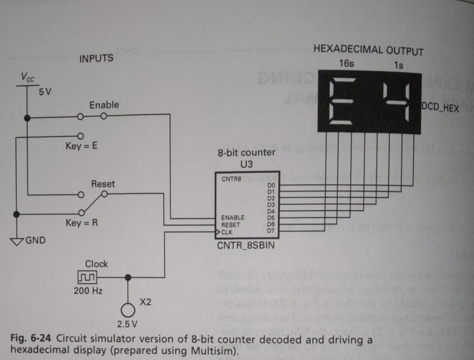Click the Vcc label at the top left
click(28, 77)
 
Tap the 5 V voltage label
click(45, 91)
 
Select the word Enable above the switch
click(104, 105)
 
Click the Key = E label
click(81, 146)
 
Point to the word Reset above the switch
click(103, 184)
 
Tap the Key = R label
click(82, 223)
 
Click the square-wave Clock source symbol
click(87, 277)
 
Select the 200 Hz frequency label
click(88, 291)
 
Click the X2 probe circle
click(128, 310)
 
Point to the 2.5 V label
click(127, 324)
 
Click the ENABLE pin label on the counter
click(233, 218)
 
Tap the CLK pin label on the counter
click(227, 232)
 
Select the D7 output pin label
click(271, 231)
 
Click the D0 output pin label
click(271, 185)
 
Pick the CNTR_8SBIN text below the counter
click(246, 246)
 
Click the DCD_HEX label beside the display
click(440, 107)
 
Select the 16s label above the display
click(347, 63)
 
